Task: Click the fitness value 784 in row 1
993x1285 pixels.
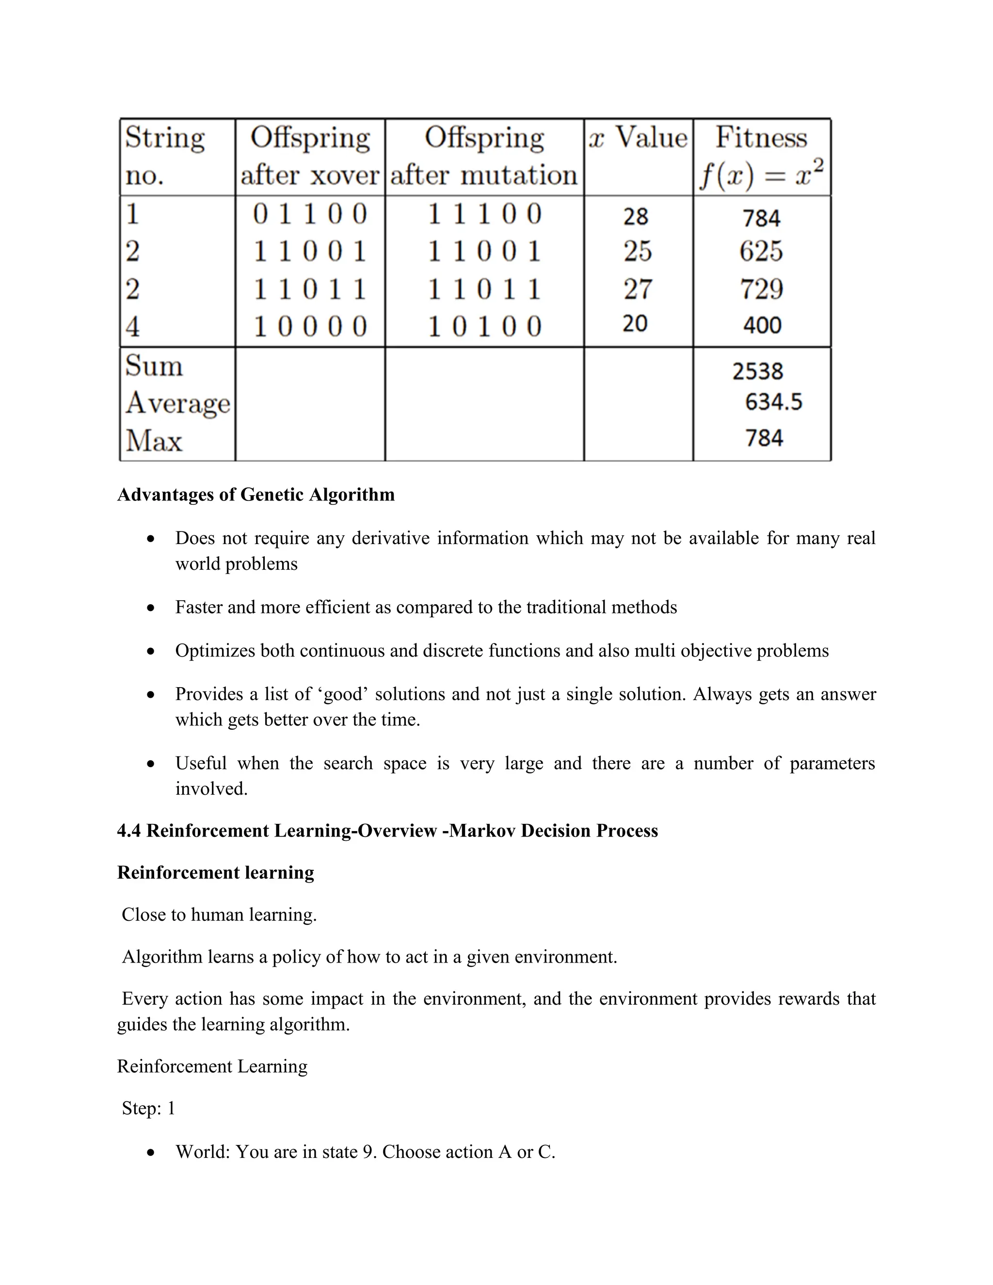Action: coord(761,218)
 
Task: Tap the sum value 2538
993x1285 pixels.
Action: coord(758,371)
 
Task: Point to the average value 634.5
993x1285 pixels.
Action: coord(773,402)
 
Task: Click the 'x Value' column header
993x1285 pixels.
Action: coord(638,138)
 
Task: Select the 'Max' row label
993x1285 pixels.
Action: coord(154,440)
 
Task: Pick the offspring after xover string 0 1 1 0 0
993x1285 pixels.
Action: coord(310,213)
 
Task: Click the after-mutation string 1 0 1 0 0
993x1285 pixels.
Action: coord(484,326)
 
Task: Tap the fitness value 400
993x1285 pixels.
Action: coord(762,325)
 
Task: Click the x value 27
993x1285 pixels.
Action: coord(638,289)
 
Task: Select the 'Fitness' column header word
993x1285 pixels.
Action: coord(761,138)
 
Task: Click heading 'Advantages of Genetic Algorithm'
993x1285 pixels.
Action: coord(256,494)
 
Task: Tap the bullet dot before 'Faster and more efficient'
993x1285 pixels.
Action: coord(151,608)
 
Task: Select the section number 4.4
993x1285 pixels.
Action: coord(129,831)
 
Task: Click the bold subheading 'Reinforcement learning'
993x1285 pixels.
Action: coord(215,872)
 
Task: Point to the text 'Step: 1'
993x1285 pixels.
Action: coord(148,1108)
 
